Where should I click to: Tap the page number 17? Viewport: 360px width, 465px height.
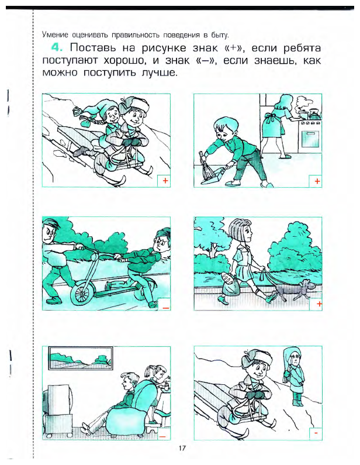[182, 448]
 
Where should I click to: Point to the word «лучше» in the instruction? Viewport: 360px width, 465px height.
[160, 73]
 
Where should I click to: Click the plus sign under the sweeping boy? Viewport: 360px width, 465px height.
[317, 181]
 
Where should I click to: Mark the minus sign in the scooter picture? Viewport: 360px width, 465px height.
[165, 308]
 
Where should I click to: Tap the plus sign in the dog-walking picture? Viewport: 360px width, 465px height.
[319, 304]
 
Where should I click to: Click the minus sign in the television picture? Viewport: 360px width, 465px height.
[162, 436]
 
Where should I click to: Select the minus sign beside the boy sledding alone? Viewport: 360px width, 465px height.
[316, 433]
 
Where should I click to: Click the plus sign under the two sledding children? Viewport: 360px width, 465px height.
[165, 180]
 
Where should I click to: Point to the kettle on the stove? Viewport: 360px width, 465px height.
[315, 114]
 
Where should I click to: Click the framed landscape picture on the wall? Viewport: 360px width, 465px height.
[81, 358]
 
